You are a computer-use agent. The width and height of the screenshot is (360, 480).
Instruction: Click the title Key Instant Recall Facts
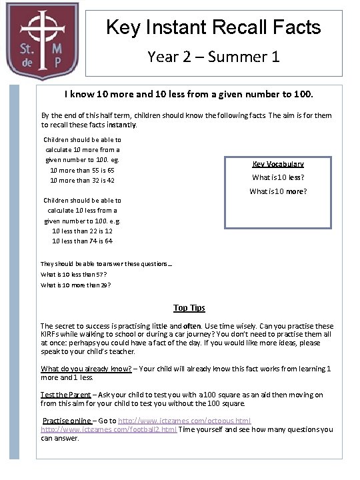[x=213, y=27]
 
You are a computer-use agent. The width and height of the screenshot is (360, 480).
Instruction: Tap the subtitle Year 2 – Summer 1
[x=213, y=57]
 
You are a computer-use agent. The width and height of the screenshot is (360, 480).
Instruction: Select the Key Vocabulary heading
[x=278, y=164]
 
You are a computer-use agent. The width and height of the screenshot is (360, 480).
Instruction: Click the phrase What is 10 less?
[x=278, y=177]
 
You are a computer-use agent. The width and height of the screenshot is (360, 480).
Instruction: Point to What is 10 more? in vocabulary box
[x=278, y=192]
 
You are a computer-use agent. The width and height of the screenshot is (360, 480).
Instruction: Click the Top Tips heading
[x=189, y=308]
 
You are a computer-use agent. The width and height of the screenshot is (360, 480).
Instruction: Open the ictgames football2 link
[x=109, y=429]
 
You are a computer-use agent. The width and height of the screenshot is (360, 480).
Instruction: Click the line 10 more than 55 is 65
[x=82, y=171]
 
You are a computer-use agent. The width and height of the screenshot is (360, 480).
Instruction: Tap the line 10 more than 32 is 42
[x=82, y=181]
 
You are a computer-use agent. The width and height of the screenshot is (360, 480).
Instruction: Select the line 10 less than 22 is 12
[x=82, y=231]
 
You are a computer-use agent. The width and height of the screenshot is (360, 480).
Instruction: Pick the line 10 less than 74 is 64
[x=82, y=241]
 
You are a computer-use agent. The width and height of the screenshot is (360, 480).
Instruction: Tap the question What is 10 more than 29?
[x=75, y=285]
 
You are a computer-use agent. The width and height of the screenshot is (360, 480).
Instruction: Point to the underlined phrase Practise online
[x=67, y=421]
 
